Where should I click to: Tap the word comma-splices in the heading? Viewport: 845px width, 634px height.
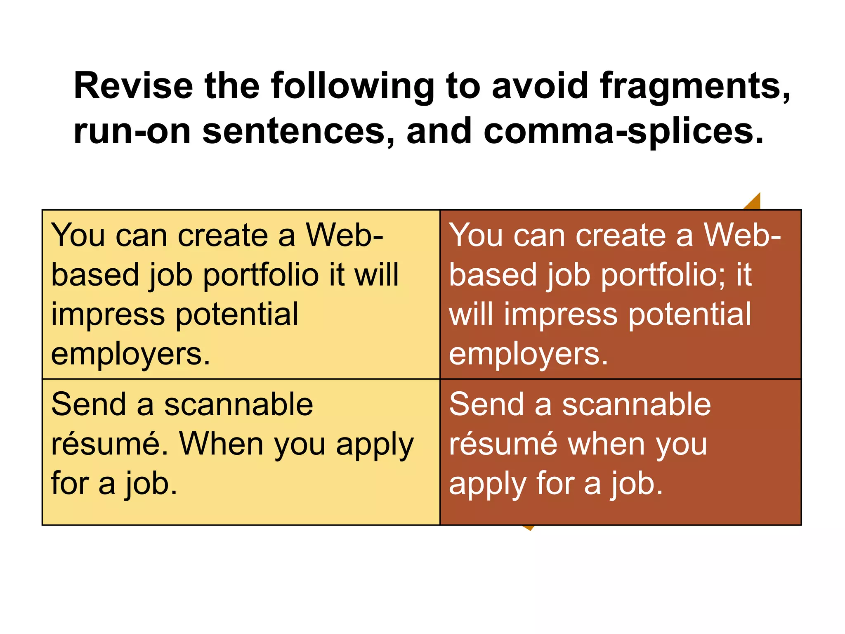click(x=623, y=131)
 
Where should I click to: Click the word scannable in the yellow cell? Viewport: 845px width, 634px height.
click(x=238, y=405)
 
